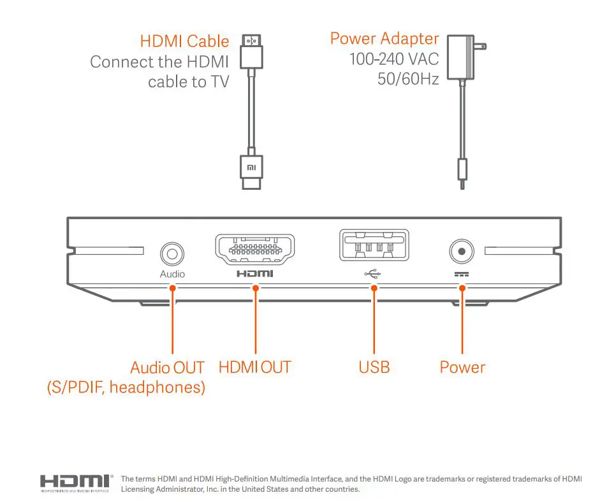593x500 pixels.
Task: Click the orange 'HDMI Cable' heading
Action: tap(184, 42)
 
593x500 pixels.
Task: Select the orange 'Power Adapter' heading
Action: tap(384, 38)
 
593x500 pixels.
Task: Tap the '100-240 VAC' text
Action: tap(394, 59)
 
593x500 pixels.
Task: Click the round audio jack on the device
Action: tap(172, 254)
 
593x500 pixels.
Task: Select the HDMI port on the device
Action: tap(254, 250)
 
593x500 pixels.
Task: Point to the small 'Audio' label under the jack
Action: tap(172, 274)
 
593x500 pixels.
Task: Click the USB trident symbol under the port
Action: tap(372, 274)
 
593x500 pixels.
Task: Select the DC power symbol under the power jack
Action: tap(460, 273)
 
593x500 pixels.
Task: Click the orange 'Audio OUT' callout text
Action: tap(167, 368)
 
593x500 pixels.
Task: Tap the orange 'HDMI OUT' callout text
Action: tap(254, 368)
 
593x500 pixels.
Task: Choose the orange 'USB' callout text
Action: tap(374, 368)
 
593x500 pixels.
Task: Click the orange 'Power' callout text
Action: tap(462, 368)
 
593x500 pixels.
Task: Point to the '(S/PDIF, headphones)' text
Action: tap(126, 387)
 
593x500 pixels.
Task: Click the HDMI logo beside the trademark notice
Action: tap(75, 482)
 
